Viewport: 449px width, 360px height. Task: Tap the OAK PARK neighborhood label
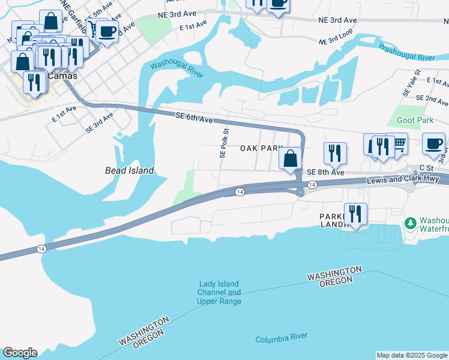(261, 148)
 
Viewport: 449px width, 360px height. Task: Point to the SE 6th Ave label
(194, 118)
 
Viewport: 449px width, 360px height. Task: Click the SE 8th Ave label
(325, 172)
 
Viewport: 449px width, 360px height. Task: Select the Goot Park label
(415, 121)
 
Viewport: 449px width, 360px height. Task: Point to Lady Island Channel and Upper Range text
(219, 293)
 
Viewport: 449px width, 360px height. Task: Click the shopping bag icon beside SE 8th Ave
(291, 159)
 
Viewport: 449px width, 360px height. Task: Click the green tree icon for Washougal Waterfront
(411, 223)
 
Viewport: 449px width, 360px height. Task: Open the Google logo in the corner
(20, 353)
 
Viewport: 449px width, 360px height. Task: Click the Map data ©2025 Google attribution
(412, 355)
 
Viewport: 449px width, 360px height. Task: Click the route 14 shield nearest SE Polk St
(239, 191)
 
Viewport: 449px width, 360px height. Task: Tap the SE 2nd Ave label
(432, 97)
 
